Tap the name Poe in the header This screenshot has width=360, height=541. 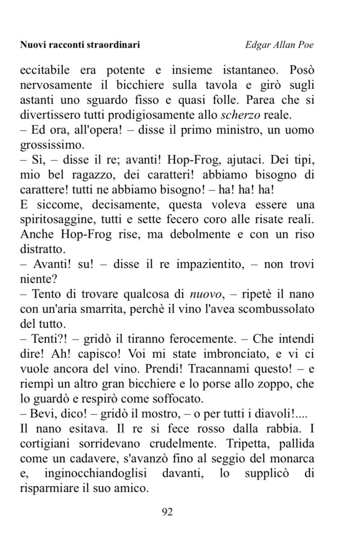305,45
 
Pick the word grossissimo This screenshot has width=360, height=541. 51,145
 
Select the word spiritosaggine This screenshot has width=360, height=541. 59,219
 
